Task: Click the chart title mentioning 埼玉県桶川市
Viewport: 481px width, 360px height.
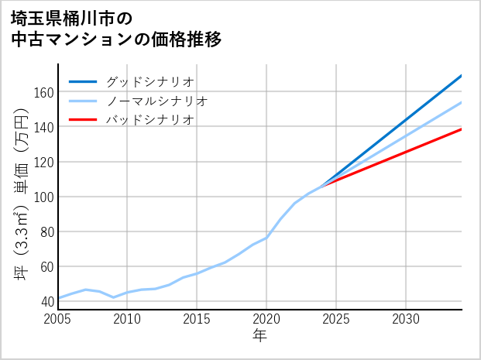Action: tap(116, 28)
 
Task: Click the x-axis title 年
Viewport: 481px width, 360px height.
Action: tap(260, 335)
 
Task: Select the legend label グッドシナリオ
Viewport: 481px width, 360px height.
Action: tap(149, 81)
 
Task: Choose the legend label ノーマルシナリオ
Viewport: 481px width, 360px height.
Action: tap(156, 101)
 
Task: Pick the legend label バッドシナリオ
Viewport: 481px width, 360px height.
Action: tap(149, 120)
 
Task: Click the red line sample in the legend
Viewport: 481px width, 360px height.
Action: tap(83, 120)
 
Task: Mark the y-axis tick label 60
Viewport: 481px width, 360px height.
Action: tap(46, 266)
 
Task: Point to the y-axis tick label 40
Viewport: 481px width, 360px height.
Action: tap(46, 301)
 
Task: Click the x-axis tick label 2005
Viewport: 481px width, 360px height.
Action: tap(58, 318)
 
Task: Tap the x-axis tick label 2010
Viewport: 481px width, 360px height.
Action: tap(128, 318)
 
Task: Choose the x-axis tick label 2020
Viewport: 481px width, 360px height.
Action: tap(266, 318)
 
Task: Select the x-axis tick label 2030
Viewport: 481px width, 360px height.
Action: tap(406, 318)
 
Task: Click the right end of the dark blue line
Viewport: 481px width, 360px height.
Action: tap(462, 76)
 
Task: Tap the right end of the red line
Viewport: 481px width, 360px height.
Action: tap(462, 129)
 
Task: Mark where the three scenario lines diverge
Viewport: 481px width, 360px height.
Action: tap(322, 185)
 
